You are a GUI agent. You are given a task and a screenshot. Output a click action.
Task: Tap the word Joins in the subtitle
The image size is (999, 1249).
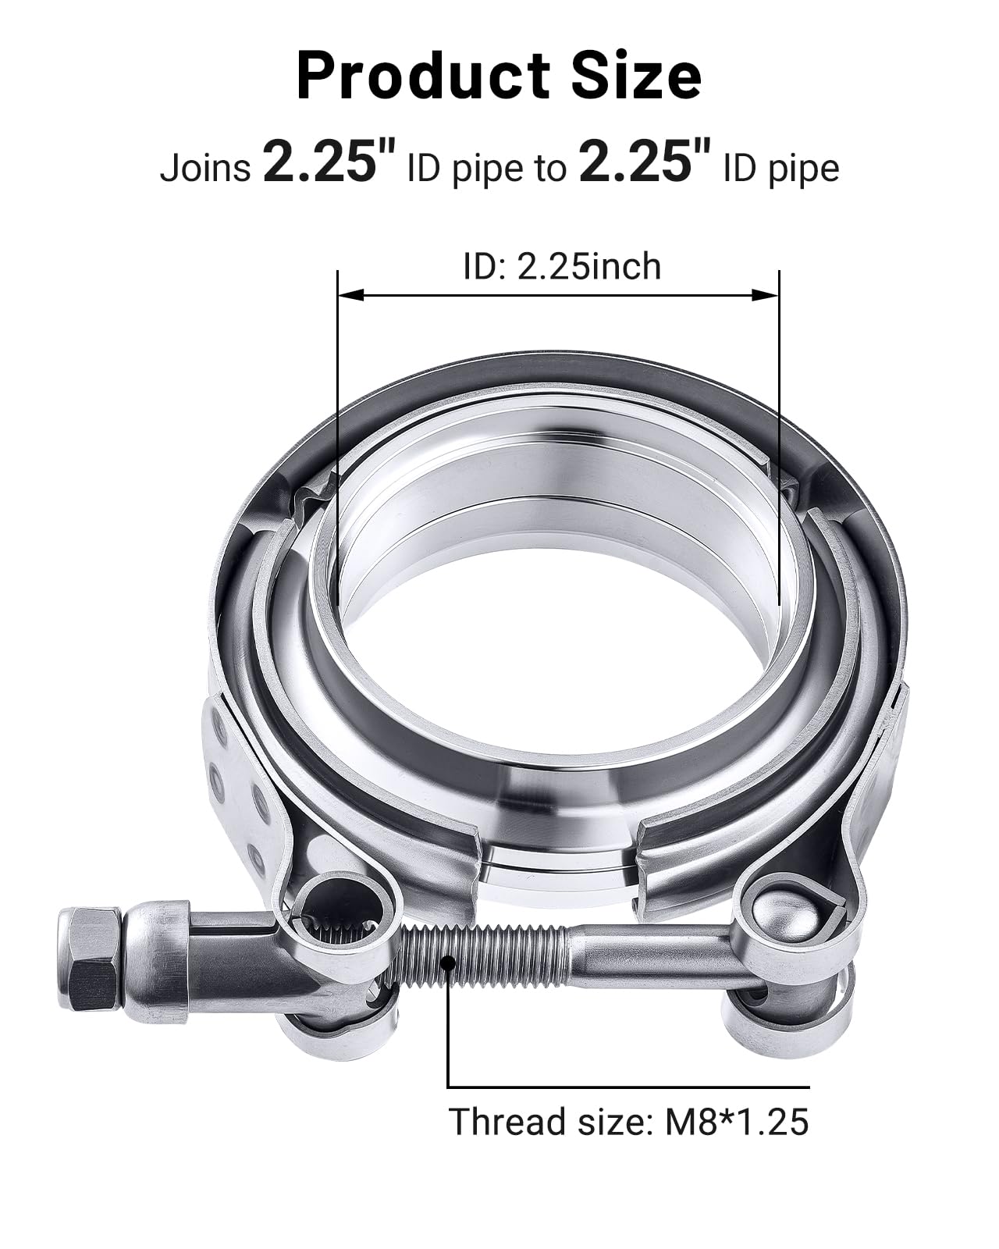(205, 168)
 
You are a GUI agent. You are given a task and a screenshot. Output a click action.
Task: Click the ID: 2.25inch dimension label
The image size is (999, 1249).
(561, 267)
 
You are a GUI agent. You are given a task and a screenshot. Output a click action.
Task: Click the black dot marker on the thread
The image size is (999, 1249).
(448, 963)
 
